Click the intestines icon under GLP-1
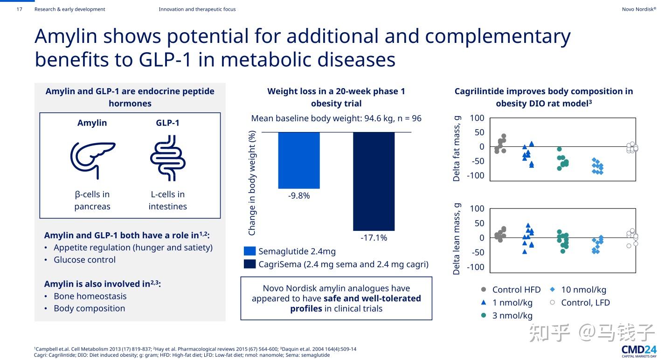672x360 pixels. point(167,158)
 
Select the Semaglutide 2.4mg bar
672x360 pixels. point(299,160)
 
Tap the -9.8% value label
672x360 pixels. point(299,196)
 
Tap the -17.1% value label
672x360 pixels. point(374,238)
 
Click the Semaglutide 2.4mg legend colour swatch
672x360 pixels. point(250,251)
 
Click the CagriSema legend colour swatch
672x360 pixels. point(250,264)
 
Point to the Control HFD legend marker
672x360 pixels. point(484,290)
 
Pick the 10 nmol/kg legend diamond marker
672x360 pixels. point(552,289)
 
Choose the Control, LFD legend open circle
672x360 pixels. point(552,302)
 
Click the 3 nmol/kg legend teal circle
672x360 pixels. point(484,315)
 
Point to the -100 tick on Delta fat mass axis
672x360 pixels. point(476,176)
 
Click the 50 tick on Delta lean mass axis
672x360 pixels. point(479,223)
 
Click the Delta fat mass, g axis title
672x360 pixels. point(457,148)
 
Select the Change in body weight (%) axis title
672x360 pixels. point(252,183)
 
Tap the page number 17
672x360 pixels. point(19,9)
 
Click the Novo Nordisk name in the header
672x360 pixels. point(639,9)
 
